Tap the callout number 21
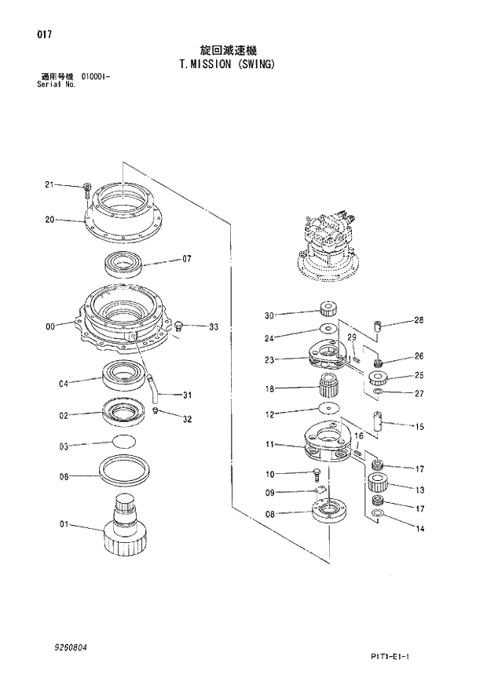coord(49,185)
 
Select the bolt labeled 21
coord(86,190)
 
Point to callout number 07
coord(187,258)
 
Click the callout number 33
coord(213,326)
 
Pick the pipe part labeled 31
coord(151,384)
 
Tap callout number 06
coord(64,476)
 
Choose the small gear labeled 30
coord(328,308)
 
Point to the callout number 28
coord(419,320)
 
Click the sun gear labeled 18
coord(328,386)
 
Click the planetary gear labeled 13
coord(379,482)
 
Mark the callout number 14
coord(420,529)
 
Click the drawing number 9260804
coord(71,647)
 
